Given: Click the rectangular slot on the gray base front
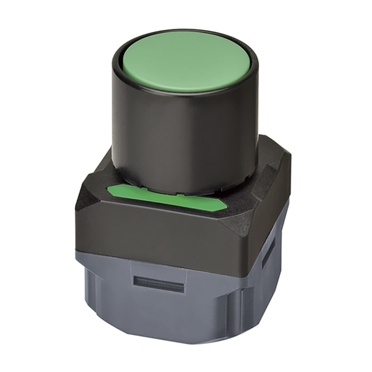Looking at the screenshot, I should pos(158,284).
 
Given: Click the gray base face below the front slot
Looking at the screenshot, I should pos(159,314).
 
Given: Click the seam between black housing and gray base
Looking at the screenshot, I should pos(159,259).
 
